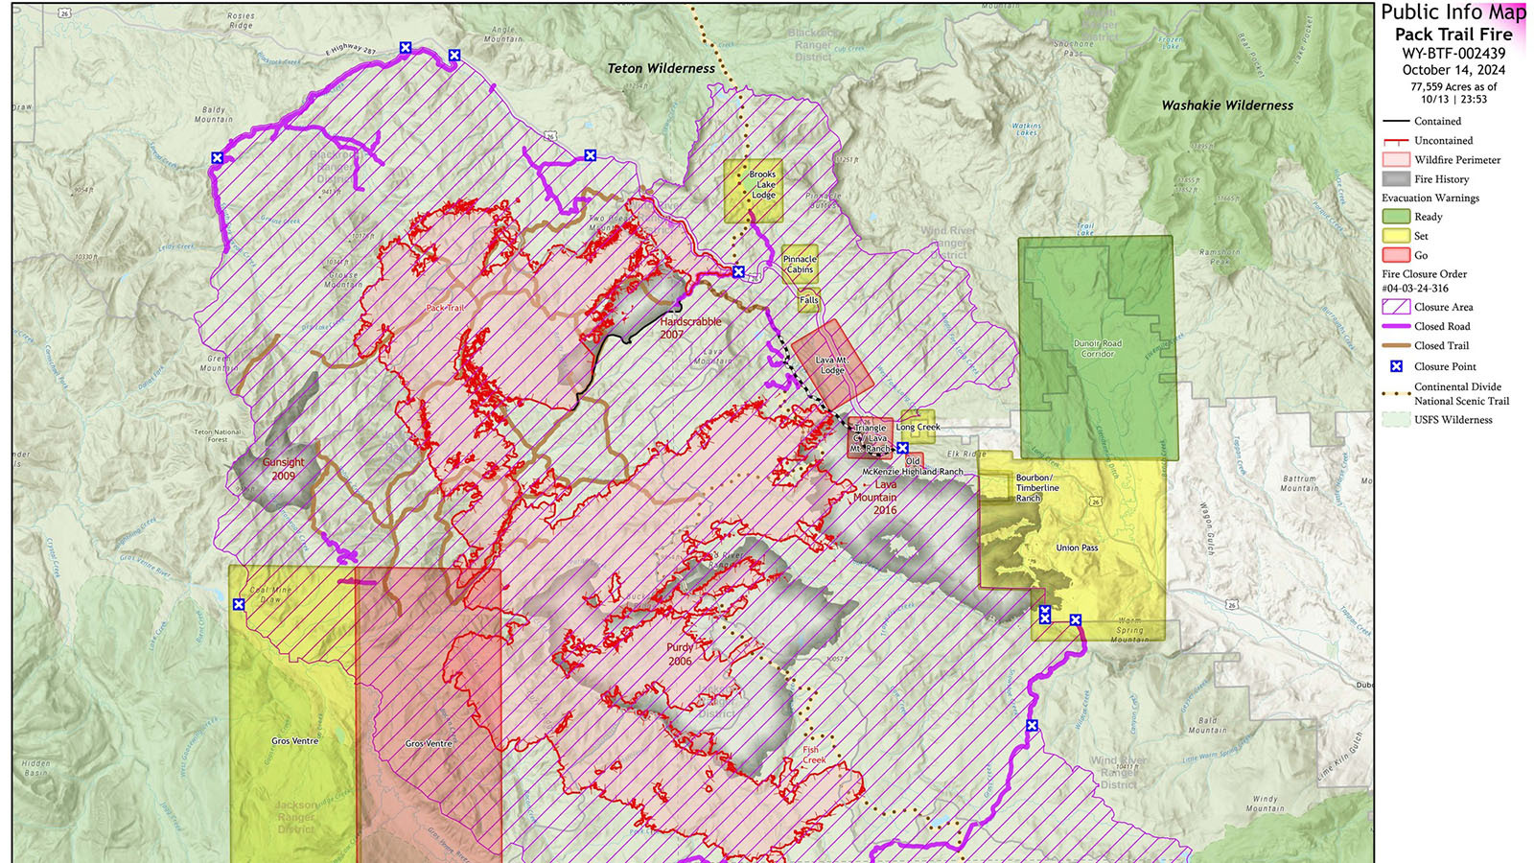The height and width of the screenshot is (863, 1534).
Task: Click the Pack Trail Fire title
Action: pos(1453,35)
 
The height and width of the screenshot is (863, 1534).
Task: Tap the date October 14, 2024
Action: pos(1453,70)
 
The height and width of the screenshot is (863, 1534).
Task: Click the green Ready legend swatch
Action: pos(1396,217)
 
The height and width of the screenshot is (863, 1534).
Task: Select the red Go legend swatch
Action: pos(1396,255)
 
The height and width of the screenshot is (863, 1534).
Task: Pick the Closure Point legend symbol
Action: pos(1396,366)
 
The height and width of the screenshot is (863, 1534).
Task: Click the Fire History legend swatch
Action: pos(1396,179)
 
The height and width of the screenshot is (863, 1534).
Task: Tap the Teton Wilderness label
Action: pos(661,69)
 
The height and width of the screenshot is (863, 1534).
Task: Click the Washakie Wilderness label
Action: pos(1227,105)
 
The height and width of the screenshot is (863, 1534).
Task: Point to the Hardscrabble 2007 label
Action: pos(688,328)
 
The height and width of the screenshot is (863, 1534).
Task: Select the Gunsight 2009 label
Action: pos(283,469)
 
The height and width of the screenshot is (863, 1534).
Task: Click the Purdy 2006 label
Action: pos(680,654)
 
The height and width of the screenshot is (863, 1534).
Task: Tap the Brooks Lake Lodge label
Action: pos(763,185)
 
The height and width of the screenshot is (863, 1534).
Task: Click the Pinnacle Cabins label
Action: pos(800,265)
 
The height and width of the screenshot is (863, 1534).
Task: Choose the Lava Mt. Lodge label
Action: pos(831,365)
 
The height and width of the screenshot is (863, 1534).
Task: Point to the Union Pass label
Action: pos(1077,548)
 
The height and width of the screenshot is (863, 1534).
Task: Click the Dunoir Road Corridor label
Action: pos(1098,348)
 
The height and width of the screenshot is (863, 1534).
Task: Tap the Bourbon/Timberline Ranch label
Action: pos(1036,487)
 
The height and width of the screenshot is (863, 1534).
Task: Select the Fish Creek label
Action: pos(813,755)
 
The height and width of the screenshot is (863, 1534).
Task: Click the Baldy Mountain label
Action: pos(213,114)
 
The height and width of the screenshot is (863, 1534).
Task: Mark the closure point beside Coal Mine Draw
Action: pos(239,604)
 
